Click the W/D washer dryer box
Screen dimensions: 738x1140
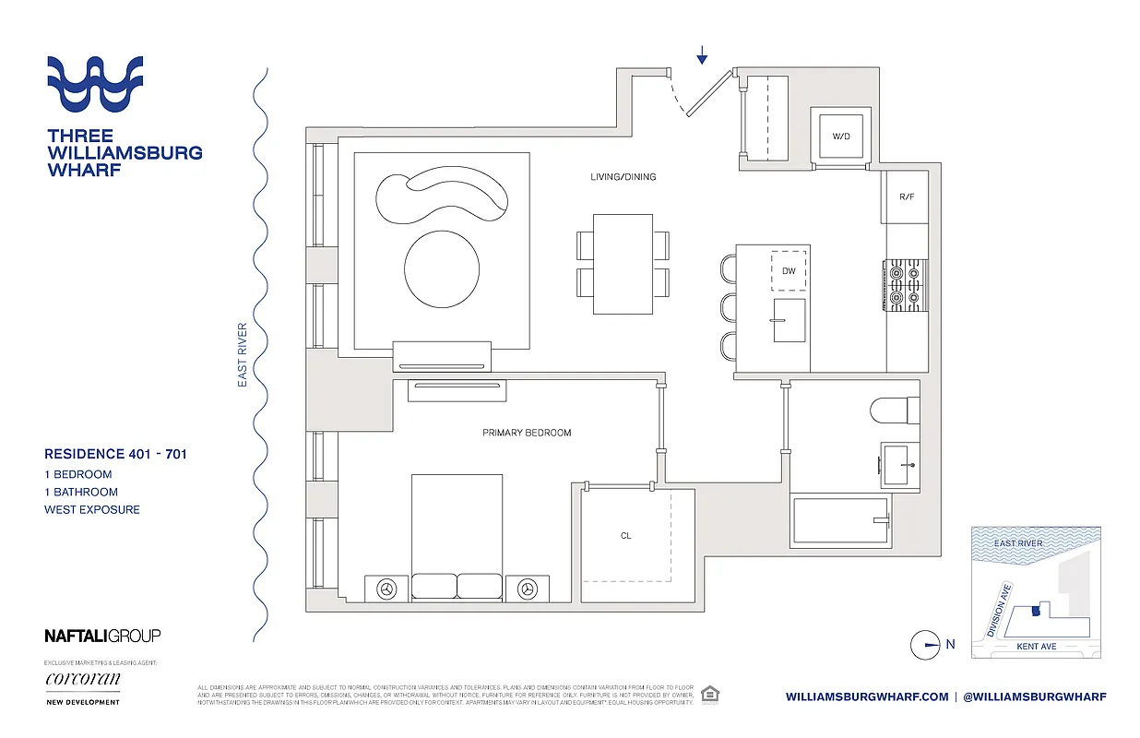840,137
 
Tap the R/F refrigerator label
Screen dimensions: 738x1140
906,197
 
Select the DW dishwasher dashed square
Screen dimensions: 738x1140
789,271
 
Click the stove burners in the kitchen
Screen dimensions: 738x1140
905,284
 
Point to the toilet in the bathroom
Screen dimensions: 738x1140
894,409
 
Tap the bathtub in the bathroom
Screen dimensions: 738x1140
839,522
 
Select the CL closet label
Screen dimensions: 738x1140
626,535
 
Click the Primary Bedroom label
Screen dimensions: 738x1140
527,433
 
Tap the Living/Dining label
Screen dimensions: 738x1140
623,176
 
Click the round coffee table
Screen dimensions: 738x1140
442,268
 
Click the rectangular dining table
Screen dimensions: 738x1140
623,264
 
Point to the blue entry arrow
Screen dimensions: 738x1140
702,56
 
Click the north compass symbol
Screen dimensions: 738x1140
925,645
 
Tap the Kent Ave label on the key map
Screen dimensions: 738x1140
1036,647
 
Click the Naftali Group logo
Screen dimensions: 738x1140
102,636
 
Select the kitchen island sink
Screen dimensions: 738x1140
789,319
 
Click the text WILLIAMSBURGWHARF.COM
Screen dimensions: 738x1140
867,697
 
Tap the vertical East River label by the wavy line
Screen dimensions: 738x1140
243,354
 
